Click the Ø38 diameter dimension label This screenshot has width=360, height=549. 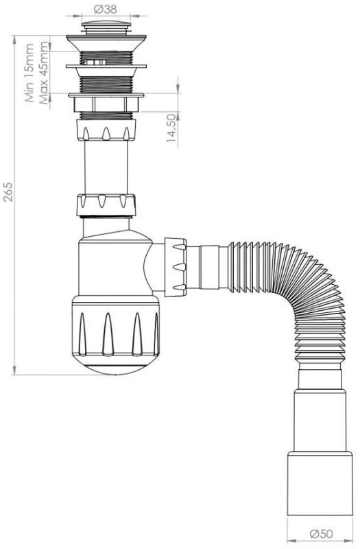[x=106, y=9]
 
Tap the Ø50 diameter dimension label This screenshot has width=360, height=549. [x=321, y=534]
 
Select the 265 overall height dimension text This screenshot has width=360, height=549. [x=8, y=191]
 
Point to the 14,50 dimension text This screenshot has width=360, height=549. [x=171, y=128]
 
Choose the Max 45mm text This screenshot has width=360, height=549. [x=44, y=73]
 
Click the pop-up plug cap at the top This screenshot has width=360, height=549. [x=106, y=27]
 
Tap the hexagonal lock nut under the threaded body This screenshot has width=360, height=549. [x=106, y=104]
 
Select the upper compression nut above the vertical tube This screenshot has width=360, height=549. [x=106, y=130]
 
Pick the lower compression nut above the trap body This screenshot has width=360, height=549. [x=106, y=205]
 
